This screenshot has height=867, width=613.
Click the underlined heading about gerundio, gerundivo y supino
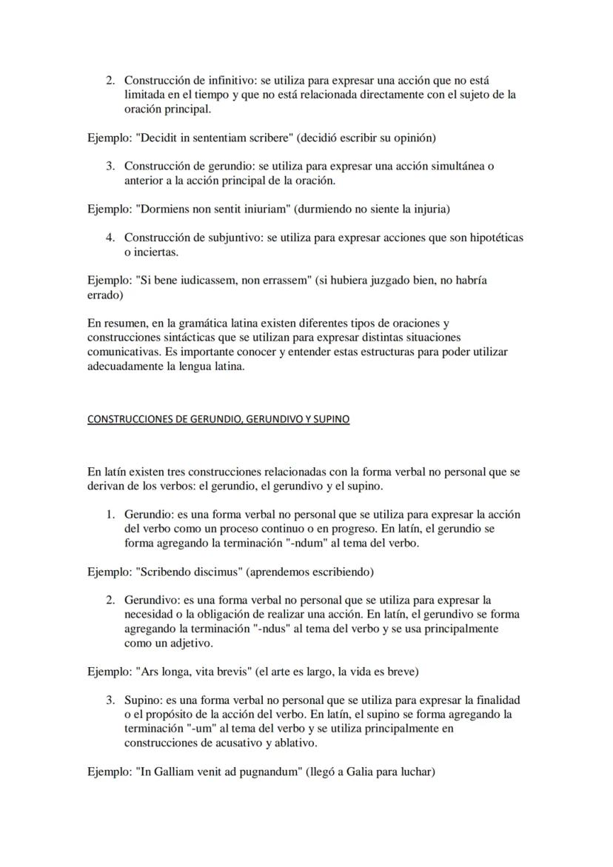(218, 419)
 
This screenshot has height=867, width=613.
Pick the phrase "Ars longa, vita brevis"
(193, 672)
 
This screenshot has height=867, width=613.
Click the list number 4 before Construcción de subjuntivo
(110, 238)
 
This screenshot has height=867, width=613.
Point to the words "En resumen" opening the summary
(115, 324)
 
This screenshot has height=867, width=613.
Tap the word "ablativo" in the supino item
(292, 743)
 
